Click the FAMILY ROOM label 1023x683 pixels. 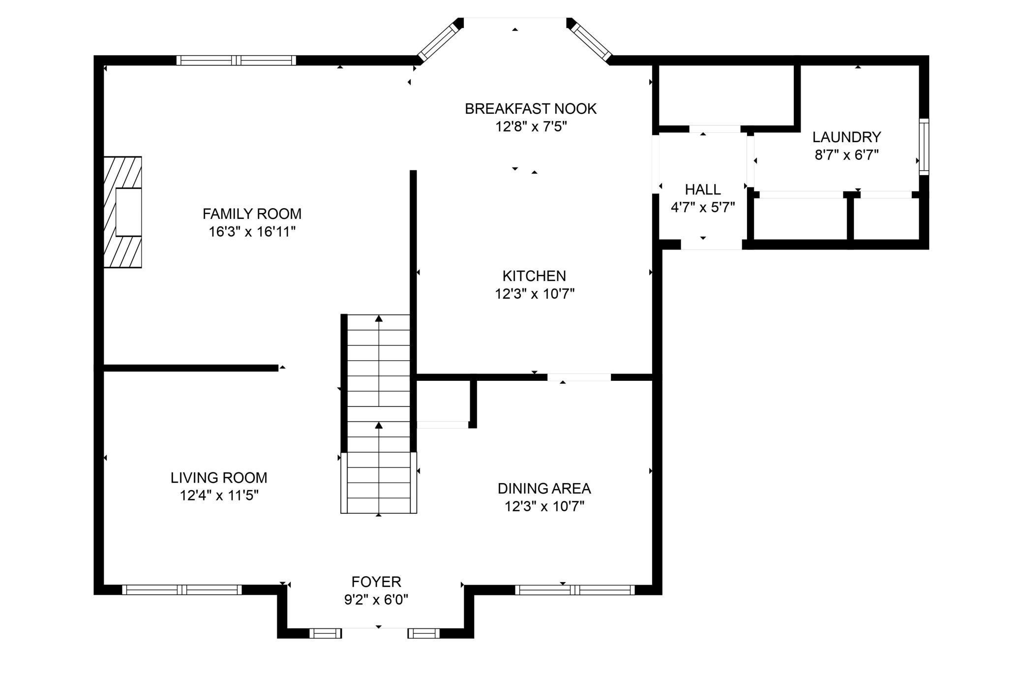(x=252, y=214)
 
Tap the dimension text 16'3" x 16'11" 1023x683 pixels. (x=252, y=232)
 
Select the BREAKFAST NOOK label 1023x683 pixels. (x=531, y=109)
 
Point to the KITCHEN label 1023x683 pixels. (x=534, y=276)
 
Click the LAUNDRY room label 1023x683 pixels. (x=846, y=137)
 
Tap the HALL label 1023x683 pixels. (x=703, y=189)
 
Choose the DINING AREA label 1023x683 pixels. (x=544, y=489)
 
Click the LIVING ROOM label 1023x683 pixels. (x=219, y=478)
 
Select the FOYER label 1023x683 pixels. (x=376, y=582)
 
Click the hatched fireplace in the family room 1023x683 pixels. (x=123, y=212)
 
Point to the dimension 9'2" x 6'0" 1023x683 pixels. (x=376, y=600)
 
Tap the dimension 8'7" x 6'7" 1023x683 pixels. (x=846, y=155)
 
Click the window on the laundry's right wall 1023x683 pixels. (x=924, y=147)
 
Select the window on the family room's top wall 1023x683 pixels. (x=236, y=61)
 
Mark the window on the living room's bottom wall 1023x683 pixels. (x=182, y=590)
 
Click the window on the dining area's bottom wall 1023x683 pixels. (x=575, y=590)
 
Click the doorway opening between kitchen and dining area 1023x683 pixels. (x=579, y=377)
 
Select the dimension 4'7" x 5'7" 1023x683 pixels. (x=703, y=208)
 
